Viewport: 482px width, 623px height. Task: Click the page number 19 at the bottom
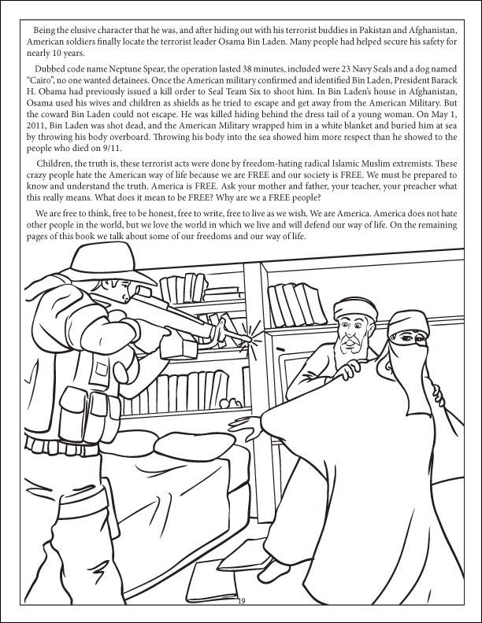(x=241, y=602)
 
